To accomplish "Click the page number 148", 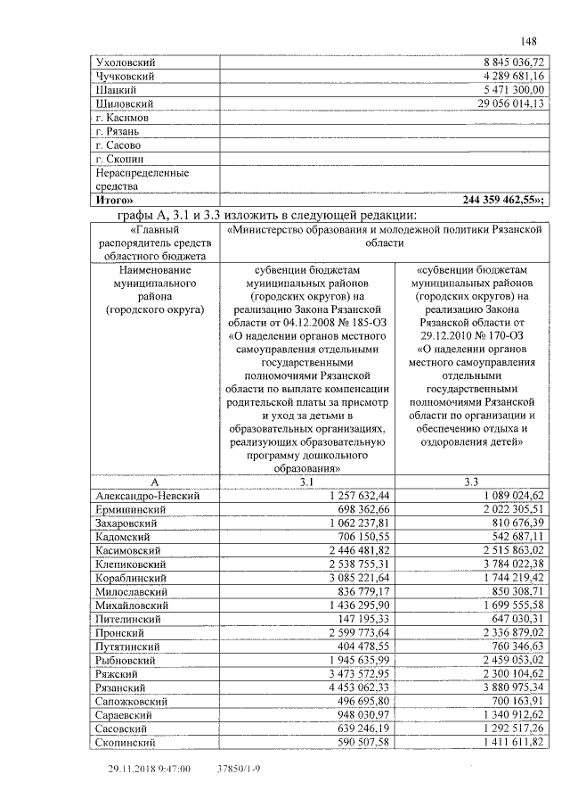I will [528, 42].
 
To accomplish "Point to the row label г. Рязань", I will [118, 131].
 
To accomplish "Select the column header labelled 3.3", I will [472, 482].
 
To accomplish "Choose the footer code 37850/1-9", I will [240, 768].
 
